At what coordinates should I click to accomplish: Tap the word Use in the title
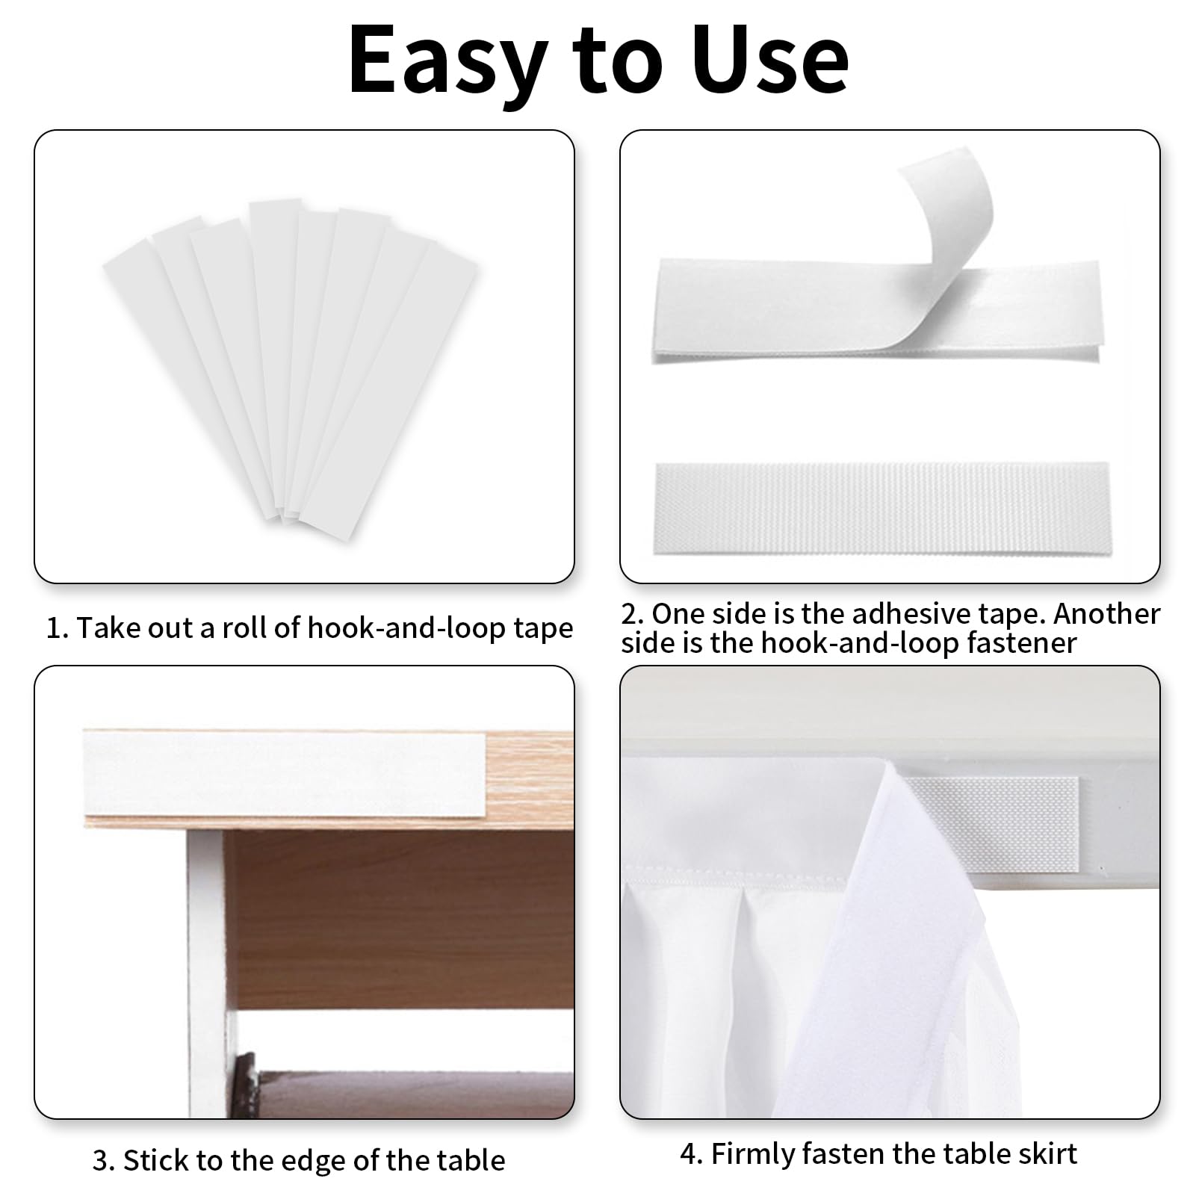770,60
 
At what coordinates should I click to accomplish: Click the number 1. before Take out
58,628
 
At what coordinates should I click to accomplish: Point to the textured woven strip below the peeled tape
882,509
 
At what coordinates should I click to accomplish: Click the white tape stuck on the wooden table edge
285,774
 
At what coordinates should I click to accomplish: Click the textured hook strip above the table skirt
994,822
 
